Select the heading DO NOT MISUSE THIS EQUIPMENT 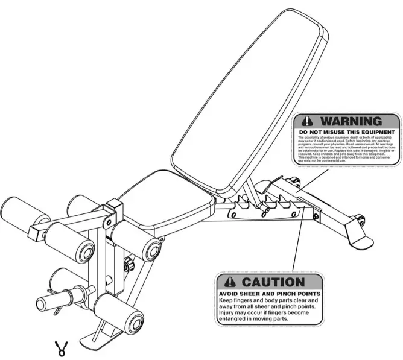tap(347, 131)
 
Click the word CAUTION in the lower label tap(273, 282)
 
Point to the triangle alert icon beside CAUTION tap(229, 282)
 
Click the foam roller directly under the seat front tap(136, 238)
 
